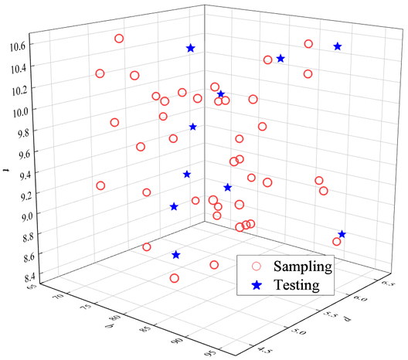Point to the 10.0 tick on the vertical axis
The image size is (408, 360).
(x=19, y=110)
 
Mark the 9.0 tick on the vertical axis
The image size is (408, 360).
(x=19, y=217)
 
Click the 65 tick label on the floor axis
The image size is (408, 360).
(x=32, y=287)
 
